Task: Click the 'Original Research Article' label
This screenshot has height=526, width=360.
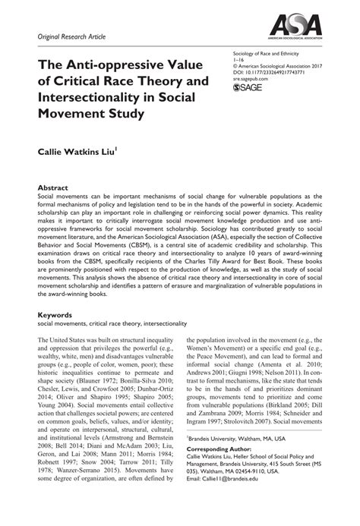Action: coord(68,36)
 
